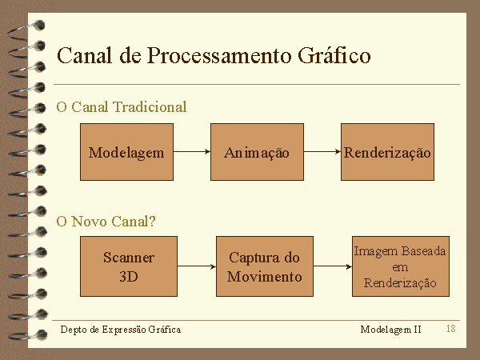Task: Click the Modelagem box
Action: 126,152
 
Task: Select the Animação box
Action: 257,152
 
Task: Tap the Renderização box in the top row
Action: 387,152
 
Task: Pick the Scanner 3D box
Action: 128,266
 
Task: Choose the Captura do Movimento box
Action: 265,266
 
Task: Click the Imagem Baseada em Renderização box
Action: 400,266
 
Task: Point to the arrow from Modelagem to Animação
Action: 192,152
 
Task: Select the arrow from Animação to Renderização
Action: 322,152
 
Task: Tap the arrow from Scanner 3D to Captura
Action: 197,266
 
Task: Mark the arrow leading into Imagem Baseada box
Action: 333,266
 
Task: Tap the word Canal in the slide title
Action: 83,56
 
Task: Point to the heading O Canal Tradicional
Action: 122,106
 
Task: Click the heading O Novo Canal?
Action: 106,222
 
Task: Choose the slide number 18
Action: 451,329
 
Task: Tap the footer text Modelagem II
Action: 390,330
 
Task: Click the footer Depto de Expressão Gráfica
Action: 121,330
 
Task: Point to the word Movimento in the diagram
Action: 265,277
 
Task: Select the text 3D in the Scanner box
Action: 128,277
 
